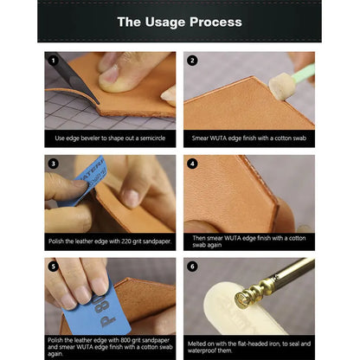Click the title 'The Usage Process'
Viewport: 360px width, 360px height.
click(x=179, y=22)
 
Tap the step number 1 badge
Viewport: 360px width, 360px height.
click(x=53, y=61)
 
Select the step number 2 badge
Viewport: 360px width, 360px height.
click(x=192, y=61)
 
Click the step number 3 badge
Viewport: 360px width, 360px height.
click(x=53, y=164)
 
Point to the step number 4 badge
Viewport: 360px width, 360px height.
click(x=192, y=164)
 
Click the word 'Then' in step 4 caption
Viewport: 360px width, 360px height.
click(x=199, y=237)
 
